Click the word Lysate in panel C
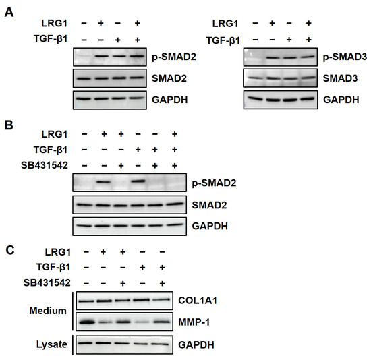pos(51,344)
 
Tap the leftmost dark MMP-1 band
pos(87,322)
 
